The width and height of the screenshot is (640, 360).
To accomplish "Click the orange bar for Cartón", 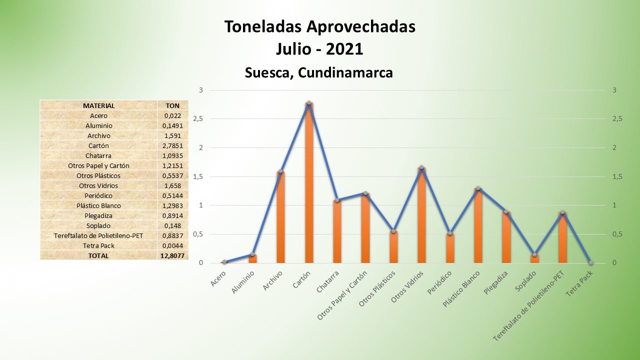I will (309, 185).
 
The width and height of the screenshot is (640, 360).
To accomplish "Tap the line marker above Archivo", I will (280, 171).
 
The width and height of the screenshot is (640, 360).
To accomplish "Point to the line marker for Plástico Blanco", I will (478, 188).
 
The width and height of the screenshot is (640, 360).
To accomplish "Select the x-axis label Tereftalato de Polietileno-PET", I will (529, 306).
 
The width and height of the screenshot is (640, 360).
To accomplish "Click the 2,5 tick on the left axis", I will (199, 119).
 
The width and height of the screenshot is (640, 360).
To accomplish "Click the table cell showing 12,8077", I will (172, 255).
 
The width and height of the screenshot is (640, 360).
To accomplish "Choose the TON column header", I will (172, 105).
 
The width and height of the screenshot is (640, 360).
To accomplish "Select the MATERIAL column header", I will (98, 105).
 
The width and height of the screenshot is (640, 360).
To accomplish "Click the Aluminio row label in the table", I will (98, 125).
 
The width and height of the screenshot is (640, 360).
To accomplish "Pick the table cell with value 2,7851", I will (172, 145).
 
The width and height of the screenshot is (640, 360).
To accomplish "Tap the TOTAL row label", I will (98, 255).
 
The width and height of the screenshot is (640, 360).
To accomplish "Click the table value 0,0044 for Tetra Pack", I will (172, 245).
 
